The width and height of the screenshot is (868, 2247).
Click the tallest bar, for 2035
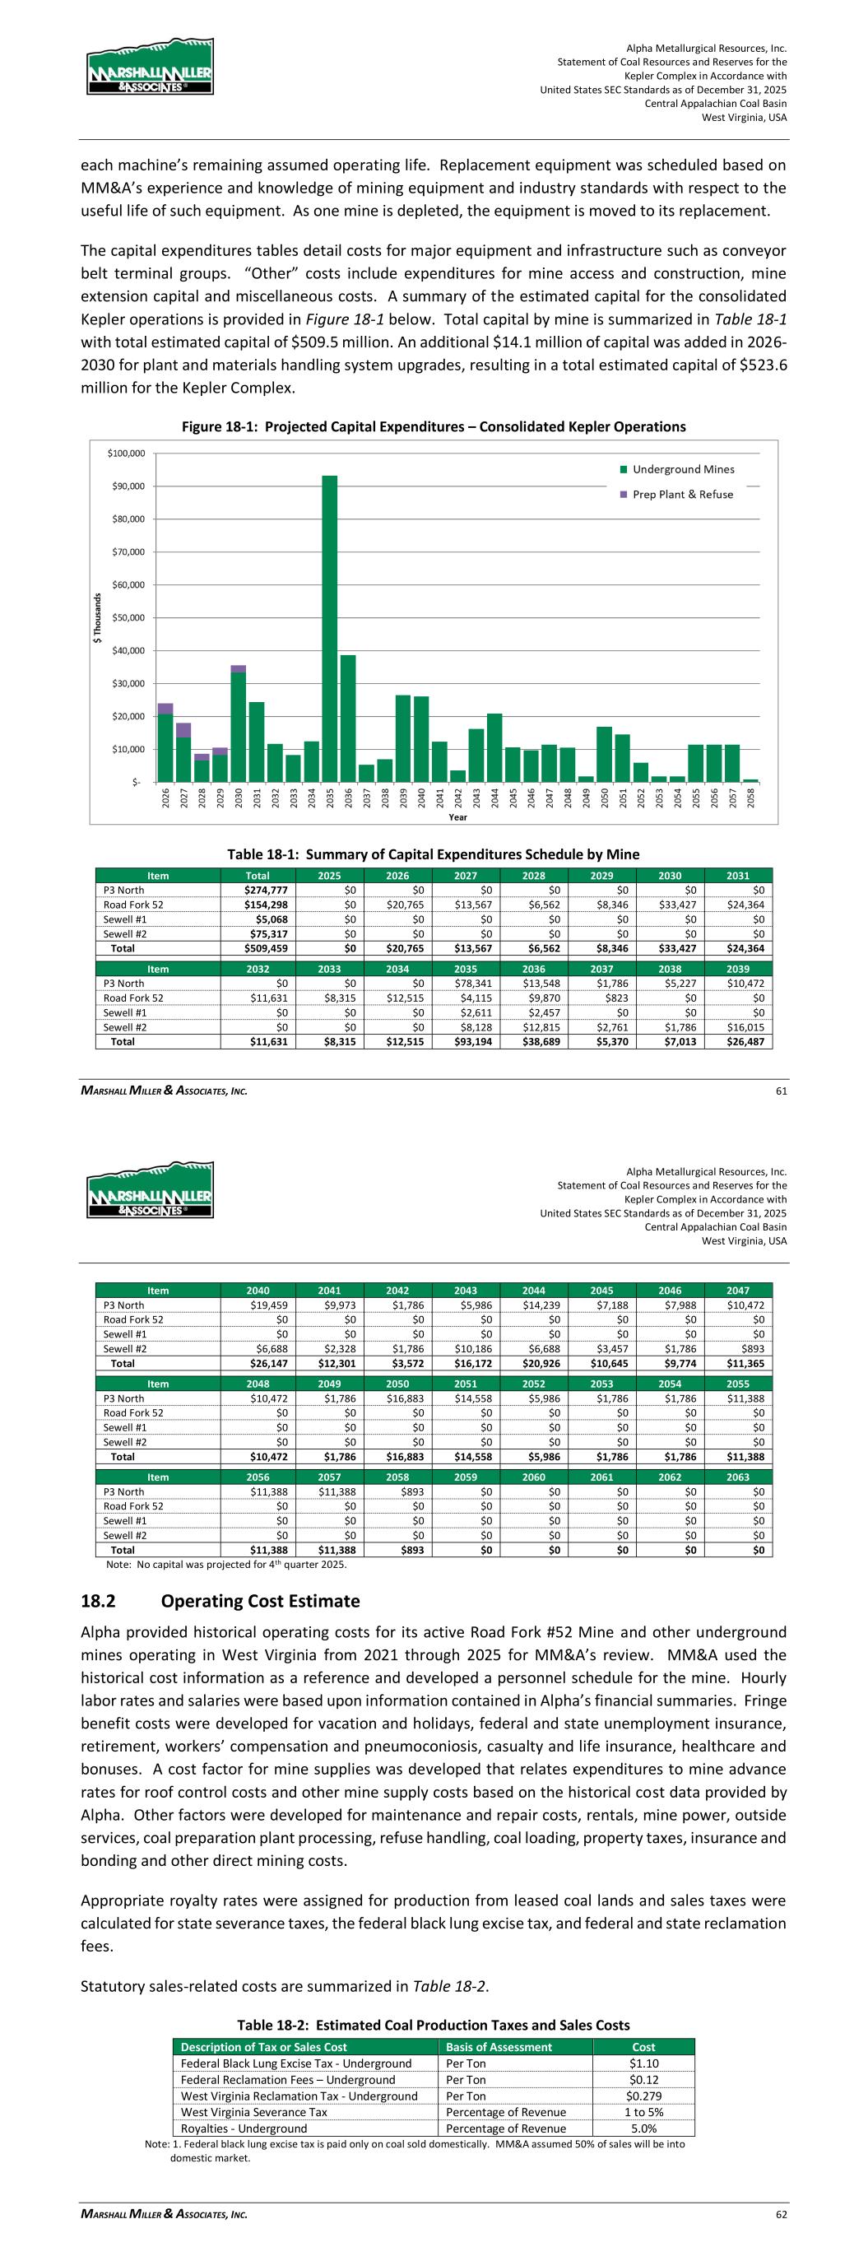tap(330, 628)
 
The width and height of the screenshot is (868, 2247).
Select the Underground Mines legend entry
tap(683, 469)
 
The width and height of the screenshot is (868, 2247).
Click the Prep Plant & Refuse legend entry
tap(682, 495)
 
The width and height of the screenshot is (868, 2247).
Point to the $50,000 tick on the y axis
tap(127, 617)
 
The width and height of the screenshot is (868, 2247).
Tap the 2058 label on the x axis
tap(751, 798)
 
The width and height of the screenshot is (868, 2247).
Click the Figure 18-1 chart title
tap(434, 426)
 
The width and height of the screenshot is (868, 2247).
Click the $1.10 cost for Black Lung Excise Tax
tap(643, 2063)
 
